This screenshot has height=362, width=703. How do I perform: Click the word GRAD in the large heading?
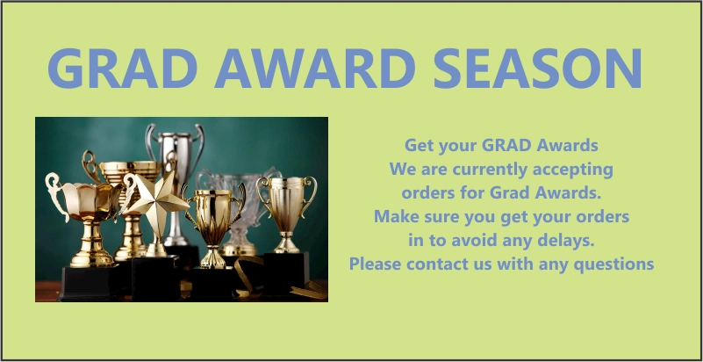(122, 69)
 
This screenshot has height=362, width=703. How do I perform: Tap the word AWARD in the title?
(315, 69)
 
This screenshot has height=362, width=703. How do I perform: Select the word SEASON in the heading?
(537, 69)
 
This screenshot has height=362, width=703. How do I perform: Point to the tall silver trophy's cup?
(176, 153)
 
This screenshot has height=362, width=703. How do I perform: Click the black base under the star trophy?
(156, 279)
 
